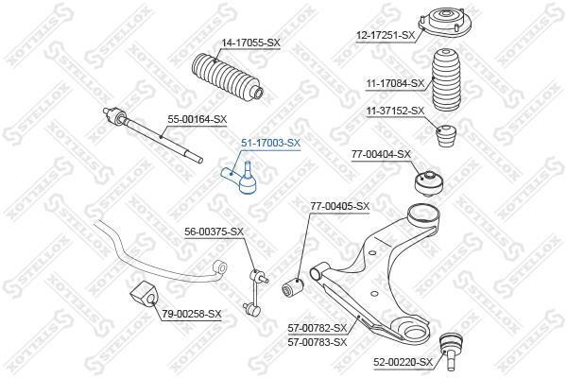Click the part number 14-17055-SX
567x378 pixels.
coord(250,43)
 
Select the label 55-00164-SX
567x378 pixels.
coord(197,119)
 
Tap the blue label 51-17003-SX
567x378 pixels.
coord(271,143)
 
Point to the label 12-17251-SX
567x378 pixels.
coord(385,35)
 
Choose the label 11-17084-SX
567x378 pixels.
coord(395,83)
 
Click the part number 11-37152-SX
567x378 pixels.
coord(395,111)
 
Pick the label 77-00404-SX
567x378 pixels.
coord(381,154)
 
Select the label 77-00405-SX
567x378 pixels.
coord(340,206)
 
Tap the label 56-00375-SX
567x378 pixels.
coord(215,232)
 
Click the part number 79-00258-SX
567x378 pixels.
coord(191,314)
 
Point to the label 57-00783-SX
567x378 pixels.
coord(318,342)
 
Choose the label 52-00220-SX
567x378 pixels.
coord(404,362)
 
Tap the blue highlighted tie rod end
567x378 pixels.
coord(240,178)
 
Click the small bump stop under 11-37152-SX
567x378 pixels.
coord(447,136)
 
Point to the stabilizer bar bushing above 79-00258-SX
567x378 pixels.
coord(144,293)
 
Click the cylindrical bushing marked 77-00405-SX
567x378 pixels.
coord(293,287)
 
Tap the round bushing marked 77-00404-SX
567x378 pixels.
coord(428,183)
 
